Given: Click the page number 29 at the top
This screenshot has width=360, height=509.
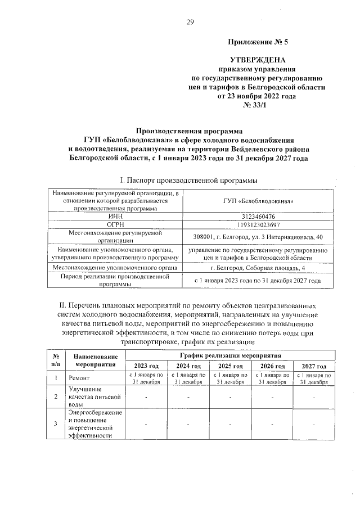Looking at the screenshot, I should (x=190, y=22).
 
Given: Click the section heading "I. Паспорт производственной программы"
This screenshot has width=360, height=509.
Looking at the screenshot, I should (x=189, y=180).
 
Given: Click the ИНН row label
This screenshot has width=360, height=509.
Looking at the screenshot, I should (x=115, y=216).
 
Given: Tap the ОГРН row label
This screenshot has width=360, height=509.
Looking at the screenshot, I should (x=115, y=225).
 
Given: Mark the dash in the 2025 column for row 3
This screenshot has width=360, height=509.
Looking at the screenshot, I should (x=230, y=424).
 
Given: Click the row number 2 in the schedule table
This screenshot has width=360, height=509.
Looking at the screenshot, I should (x=55, y=397).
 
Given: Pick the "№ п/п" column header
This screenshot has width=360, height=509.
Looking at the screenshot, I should (x=56, y=361).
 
